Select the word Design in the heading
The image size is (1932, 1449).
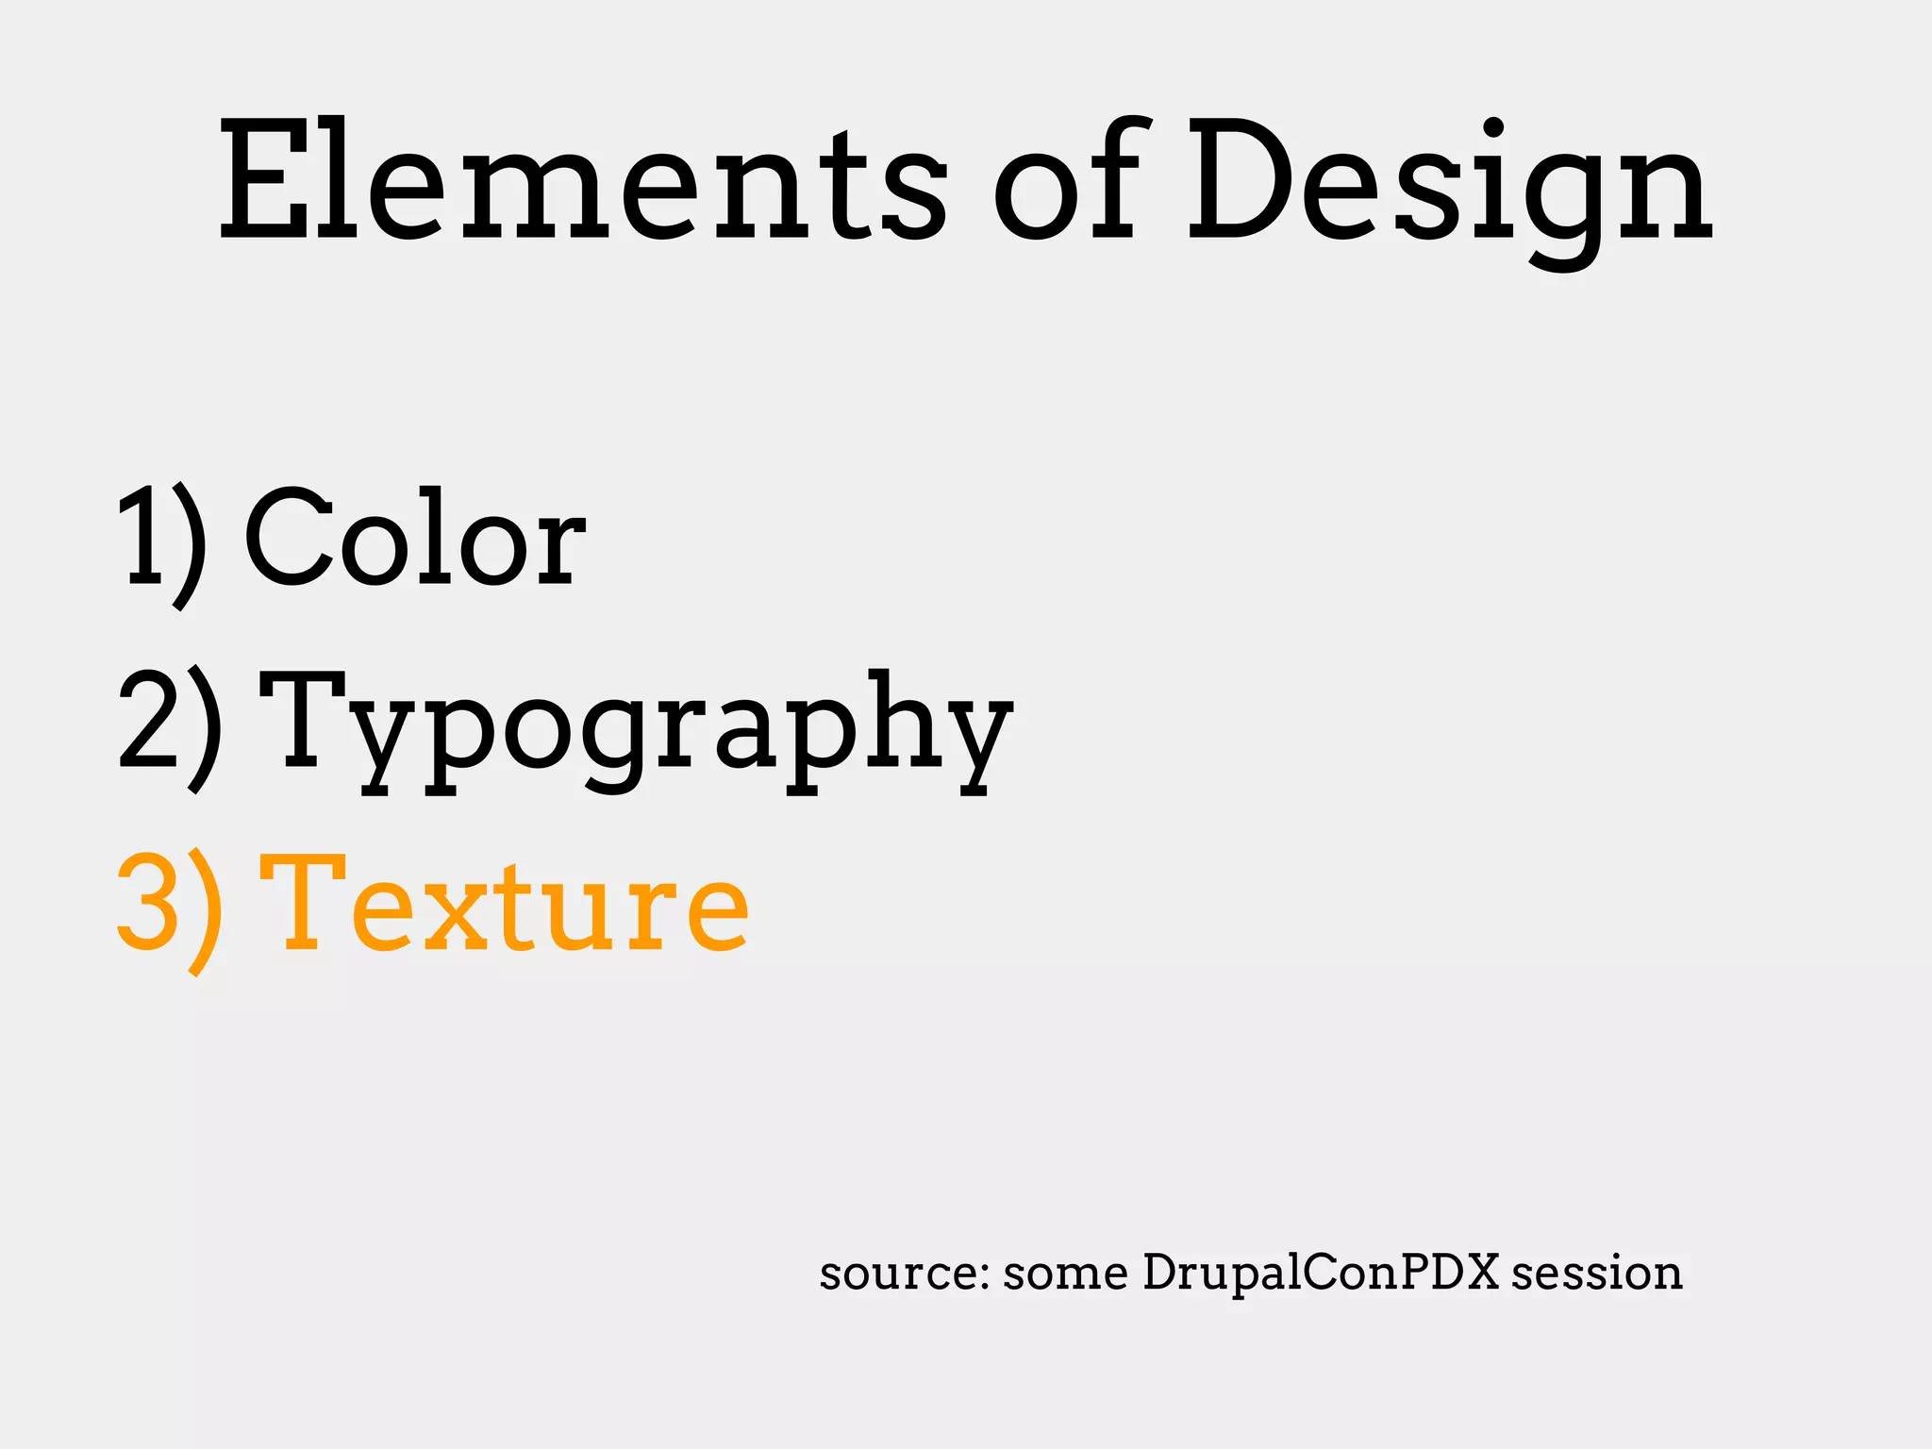[x=1449, y=184]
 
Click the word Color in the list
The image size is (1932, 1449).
[x=415, y=538]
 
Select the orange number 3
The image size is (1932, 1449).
[x=147, y=901]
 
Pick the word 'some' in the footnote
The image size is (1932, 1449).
[x=1065, y=1274]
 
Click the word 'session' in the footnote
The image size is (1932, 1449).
[x=1596, y=1274]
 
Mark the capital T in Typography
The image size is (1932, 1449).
[x=307, y=717]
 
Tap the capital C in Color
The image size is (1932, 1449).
[x=288, y=538]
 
